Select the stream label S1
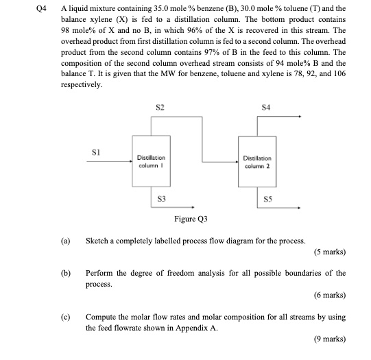coord(97,152)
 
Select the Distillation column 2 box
coord(256,161)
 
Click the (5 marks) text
coord(328,252)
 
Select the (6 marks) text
coord(328,296)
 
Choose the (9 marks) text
coord(328,339)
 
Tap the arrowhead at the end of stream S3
coord(196,206)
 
